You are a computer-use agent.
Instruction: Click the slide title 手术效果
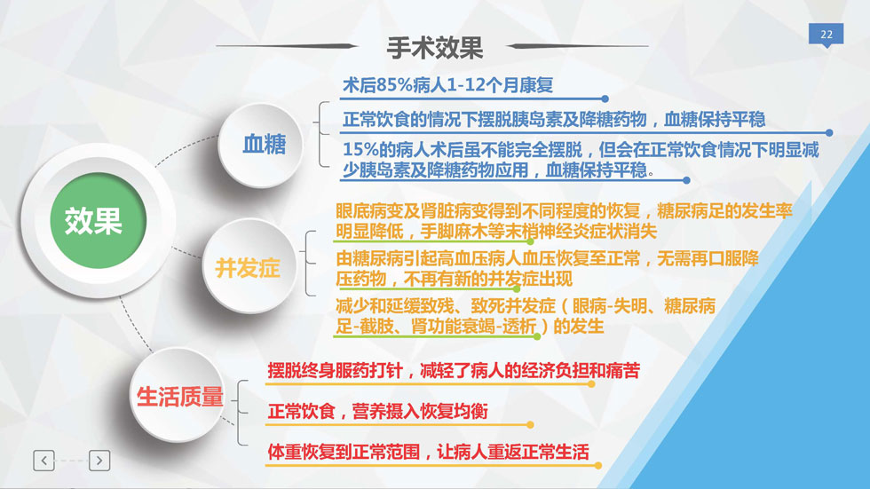coord(434,48)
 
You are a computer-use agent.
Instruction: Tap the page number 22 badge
coord(826,35)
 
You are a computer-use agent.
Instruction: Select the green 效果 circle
coord(99,221)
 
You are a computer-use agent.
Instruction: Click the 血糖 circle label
coord(265,144)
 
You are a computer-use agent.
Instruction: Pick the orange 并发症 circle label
coord(248,268)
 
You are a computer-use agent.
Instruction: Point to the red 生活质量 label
coord(179,397)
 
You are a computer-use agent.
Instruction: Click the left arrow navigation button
coord(43,461)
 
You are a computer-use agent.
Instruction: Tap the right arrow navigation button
coord(99,461)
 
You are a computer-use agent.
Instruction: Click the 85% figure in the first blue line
coord(394,85)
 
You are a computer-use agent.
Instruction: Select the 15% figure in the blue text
coord(360,150)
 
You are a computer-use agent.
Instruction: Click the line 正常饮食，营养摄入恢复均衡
coord(378,412)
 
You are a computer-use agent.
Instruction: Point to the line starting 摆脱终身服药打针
coord(454,370)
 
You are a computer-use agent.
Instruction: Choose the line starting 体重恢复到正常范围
coord(428,452)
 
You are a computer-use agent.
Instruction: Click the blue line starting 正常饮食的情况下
coord(554,119)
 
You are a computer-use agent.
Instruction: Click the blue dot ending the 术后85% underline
coord(605,99)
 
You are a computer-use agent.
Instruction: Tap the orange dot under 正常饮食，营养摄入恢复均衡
coord(531,425)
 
